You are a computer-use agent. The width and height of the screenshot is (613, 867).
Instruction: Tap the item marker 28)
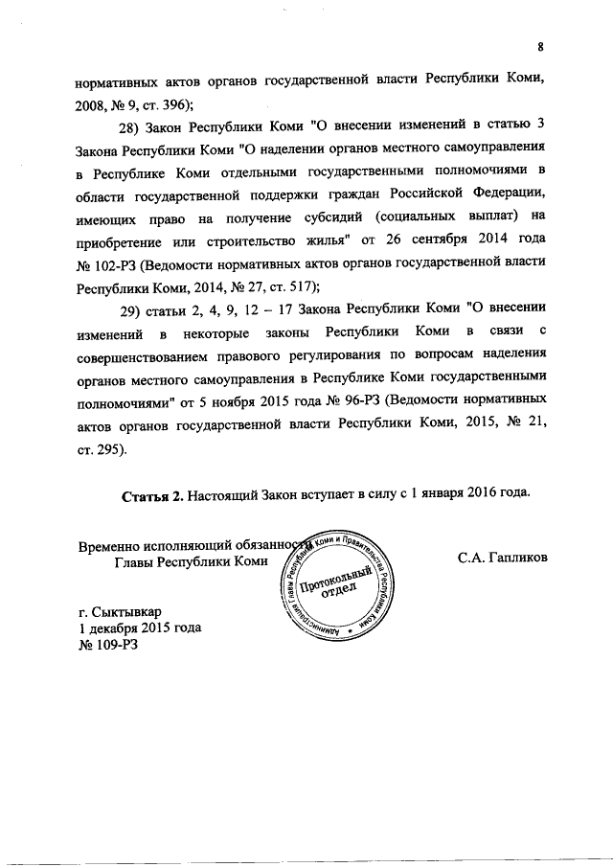131,129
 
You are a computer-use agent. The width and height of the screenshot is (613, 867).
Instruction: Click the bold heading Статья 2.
152,495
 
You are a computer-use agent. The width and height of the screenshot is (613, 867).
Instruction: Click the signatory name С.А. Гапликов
502,555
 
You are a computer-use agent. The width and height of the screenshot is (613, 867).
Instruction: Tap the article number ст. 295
100,446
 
